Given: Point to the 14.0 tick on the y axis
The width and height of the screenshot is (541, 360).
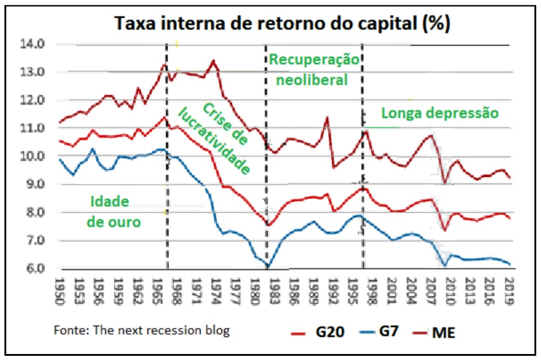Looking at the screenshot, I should click(34, 44).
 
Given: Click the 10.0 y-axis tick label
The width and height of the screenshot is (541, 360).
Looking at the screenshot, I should click(34, 156).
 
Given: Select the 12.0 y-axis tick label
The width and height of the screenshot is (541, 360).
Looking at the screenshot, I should click(34, 100).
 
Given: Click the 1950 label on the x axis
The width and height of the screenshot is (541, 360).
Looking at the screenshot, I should click(59, 291).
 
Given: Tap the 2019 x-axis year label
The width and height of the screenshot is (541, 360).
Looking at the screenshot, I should click(509, 291).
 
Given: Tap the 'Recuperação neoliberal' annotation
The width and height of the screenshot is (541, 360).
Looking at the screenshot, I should click(314, 69).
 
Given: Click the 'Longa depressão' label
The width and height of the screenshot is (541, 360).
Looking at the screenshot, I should click(439, 113).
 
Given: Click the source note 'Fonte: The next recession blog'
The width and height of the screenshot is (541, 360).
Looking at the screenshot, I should click(142, 330).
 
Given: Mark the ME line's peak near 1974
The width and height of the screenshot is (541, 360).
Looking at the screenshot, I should click(214, 60).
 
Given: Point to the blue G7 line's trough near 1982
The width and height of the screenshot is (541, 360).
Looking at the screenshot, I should click(268, 266).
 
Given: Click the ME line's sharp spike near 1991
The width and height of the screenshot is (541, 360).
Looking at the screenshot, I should click(327, 117).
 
